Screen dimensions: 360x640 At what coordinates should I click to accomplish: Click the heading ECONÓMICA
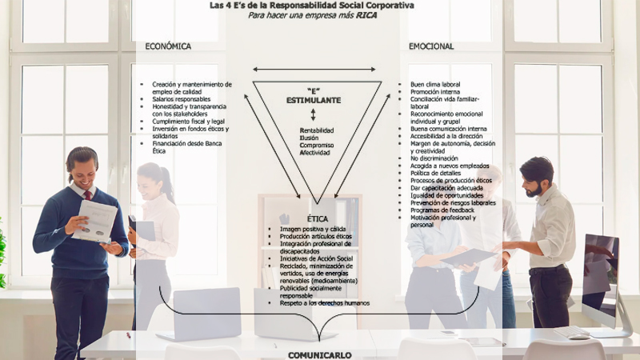tap(168, 46)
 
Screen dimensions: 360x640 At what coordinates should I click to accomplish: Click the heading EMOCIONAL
tap(431, 46)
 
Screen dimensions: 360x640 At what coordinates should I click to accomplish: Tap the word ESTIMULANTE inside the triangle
tap(314, 100)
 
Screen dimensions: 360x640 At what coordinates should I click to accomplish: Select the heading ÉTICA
tap(318, 218)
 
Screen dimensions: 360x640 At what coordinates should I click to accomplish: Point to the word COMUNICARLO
tap(319, 354)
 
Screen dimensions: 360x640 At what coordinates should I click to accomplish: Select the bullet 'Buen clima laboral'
tap(436, 83)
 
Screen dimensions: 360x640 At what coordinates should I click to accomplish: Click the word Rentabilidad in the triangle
tap(316, 130)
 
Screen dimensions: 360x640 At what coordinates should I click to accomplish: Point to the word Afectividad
tap(314, 152)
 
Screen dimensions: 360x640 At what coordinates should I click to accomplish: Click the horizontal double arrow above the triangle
tap(314, 70)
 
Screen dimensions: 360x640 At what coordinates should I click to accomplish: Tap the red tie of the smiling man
tap(87, 195)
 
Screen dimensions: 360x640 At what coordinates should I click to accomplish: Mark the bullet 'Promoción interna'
tap(436, 91)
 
